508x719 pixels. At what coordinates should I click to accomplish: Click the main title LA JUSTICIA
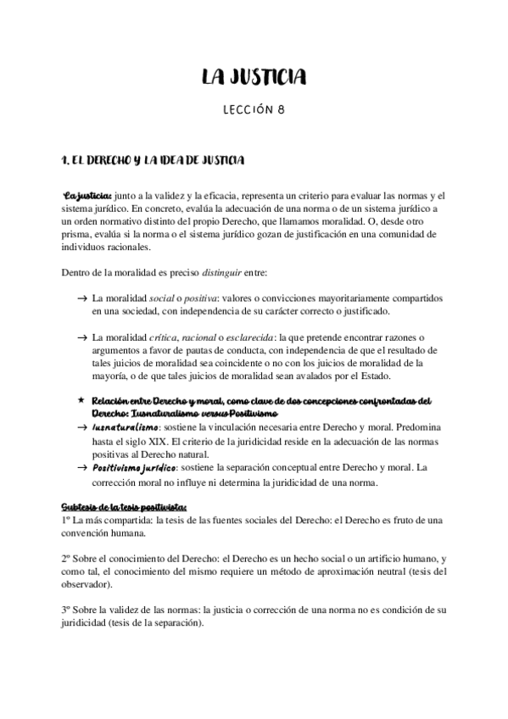(x=254, y=79)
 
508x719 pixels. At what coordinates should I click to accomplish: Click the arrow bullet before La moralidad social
(x=81, y=299)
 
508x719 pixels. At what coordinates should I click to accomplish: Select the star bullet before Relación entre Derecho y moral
(x=81, y=401)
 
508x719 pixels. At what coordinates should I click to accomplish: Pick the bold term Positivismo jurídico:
(x=134, y=467)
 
